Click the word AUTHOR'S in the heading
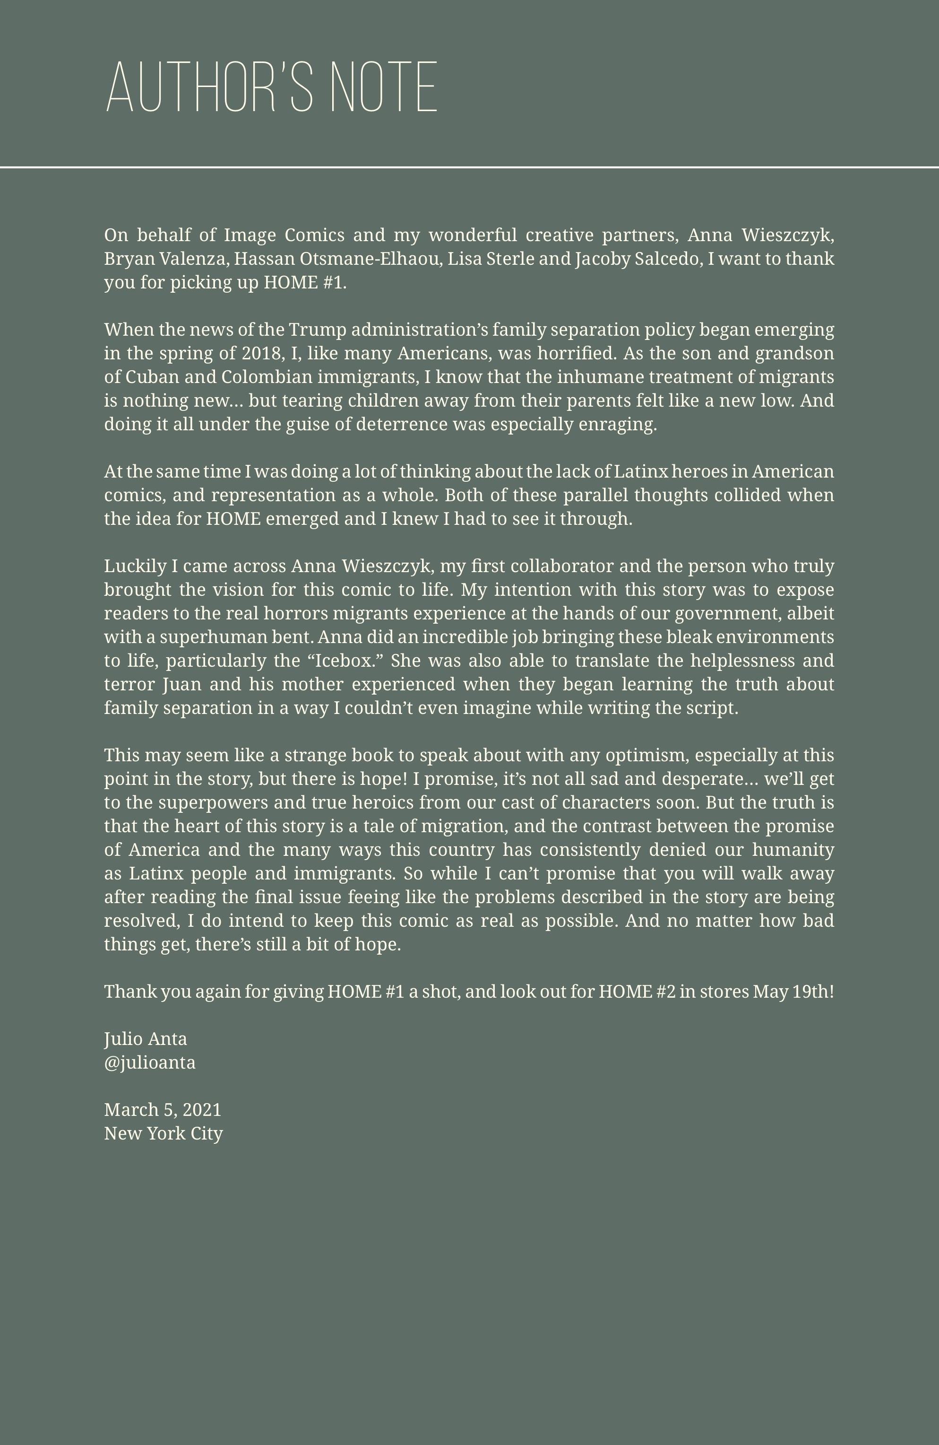tap(209, 87)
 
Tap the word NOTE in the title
tap(384, 87)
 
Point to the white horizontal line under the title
tap(469, 166)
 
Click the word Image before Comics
tap(250, 235)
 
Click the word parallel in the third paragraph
tap(595, 496)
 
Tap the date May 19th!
tap(793, 992)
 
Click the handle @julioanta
tap(149, 1062)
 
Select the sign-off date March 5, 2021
tap(163, 1110)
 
